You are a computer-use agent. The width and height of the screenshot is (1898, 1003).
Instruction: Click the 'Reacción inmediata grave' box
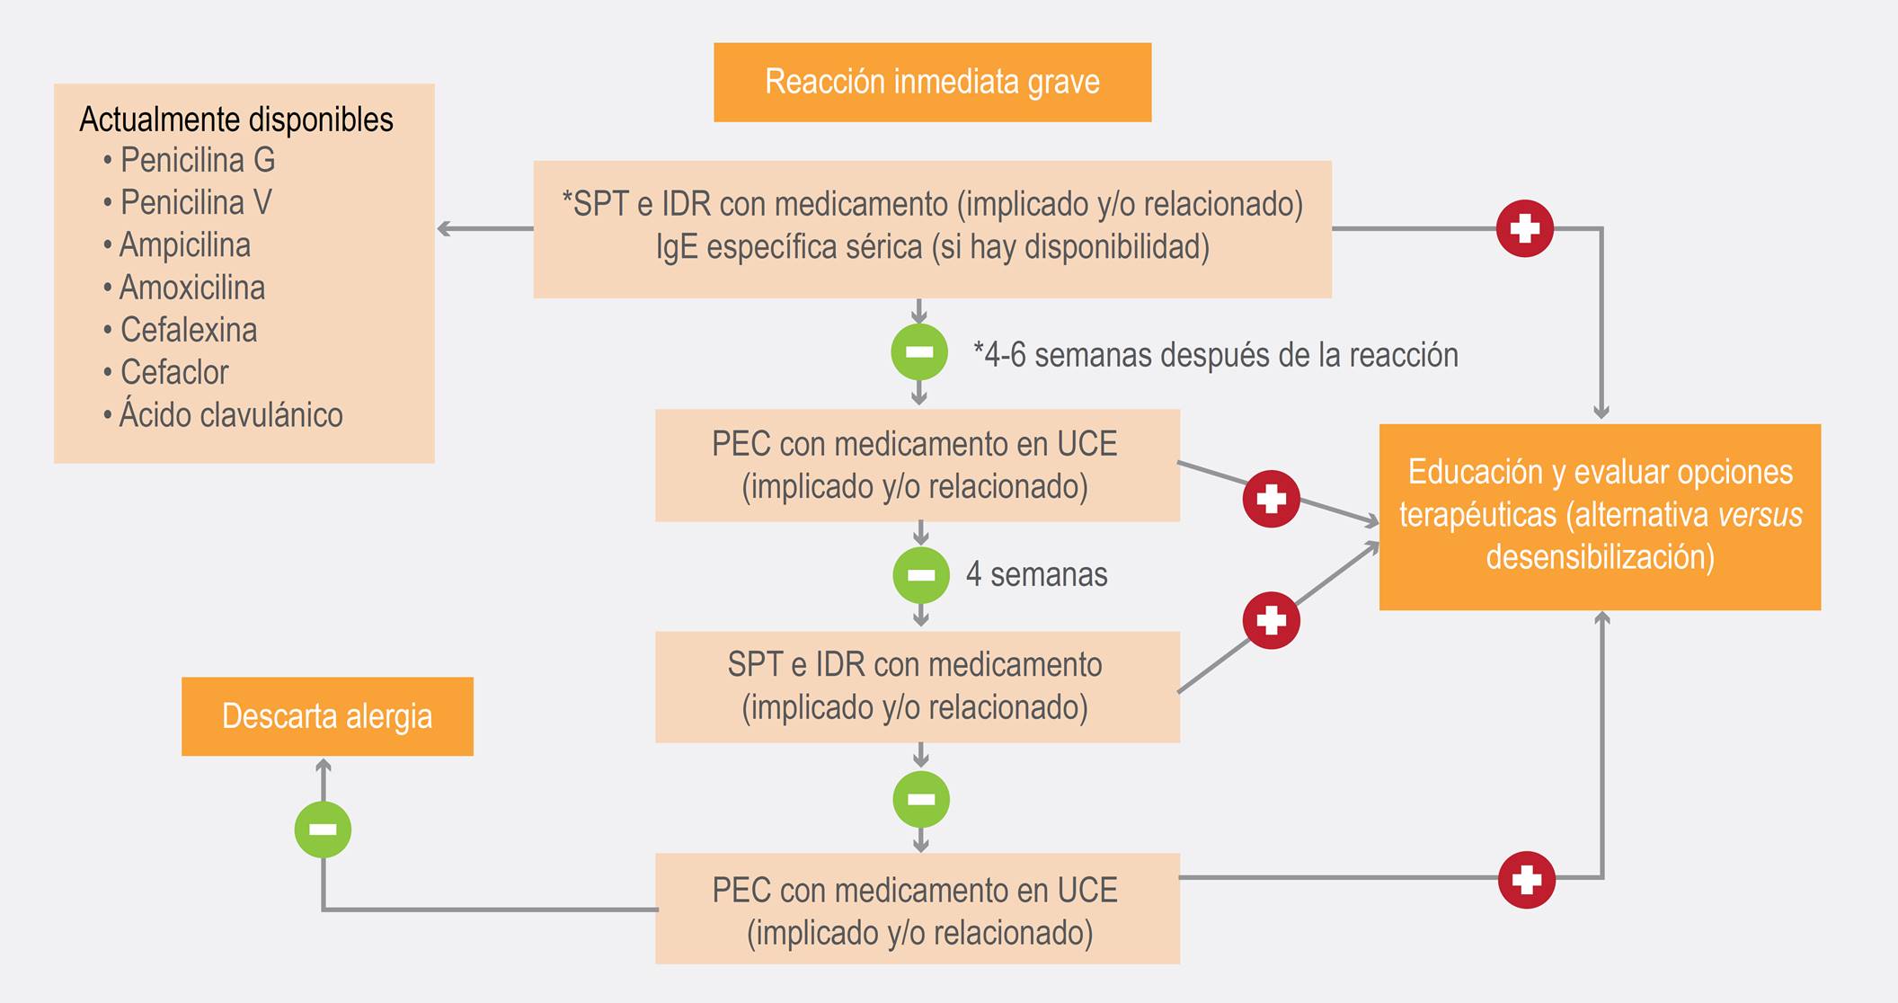[x=932, y=82]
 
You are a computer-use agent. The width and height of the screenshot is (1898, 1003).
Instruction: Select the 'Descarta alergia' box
[x=327, y=716]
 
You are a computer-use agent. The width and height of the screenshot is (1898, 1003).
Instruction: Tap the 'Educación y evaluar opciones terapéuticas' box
[x=1600, y=516]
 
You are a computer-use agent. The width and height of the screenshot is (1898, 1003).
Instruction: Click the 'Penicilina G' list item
[x=197, y=160]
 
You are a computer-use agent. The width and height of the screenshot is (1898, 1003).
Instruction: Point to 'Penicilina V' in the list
[x=195, y=202]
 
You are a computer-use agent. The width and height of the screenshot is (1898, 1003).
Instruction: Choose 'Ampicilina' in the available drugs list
[x=184, y=244]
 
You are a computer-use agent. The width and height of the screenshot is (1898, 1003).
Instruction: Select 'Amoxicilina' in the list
[x=191, y=288]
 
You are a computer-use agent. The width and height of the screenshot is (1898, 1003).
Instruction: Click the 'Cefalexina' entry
[x=188, y=330]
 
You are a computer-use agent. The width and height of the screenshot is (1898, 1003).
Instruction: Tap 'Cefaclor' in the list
[x=174, y=372]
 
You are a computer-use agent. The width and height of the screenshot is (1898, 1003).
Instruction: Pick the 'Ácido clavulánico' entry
[x=230, y=415]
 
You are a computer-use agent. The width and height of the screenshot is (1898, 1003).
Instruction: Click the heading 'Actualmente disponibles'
[x=236, y=120]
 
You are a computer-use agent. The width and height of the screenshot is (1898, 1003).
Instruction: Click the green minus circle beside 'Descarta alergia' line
[x=323, y=829]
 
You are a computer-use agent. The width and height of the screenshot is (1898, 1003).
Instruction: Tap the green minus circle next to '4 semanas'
[x=921, y=575]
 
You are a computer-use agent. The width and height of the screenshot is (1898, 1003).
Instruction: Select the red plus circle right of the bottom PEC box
[x=1526, y=879]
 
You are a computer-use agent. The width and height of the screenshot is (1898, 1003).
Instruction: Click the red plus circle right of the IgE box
[x=1524, y=228]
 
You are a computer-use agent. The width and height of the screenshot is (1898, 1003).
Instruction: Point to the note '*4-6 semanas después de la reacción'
[x=1215, y=355]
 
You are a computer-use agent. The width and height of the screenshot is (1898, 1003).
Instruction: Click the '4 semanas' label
[x=1036, y=574]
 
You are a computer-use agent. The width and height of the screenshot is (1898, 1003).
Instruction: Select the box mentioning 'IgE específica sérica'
[x=932, y=228]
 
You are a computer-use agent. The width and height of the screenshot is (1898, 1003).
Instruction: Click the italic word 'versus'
[x=1759, y=515]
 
